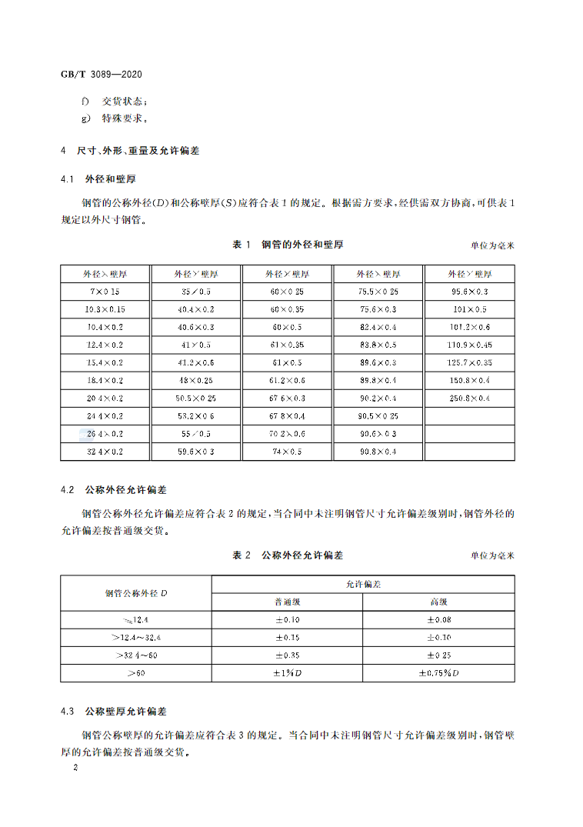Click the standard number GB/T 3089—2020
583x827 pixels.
[101, 75]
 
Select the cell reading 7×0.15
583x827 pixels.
[105, 292]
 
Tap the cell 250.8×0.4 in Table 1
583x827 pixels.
[469, 398]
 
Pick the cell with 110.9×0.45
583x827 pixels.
[469, 345]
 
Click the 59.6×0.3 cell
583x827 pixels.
[195, 452]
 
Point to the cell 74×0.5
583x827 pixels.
[288, 452]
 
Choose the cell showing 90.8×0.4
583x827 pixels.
[378, 452]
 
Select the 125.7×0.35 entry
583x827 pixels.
[469, 362]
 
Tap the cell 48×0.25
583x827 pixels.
[195, 381]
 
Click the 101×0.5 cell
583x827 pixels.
[469, 309]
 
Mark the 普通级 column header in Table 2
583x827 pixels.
[287, 602]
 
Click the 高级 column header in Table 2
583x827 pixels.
[438, 602]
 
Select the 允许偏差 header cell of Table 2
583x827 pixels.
[363, 584]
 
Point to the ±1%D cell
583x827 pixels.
[287, 673]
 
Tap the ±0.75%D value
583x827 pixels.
[438, 673]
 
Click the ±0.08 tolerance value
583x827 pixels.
[438, 620]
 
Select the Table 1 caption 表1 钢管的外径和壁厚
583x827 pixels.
[288, 245]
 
